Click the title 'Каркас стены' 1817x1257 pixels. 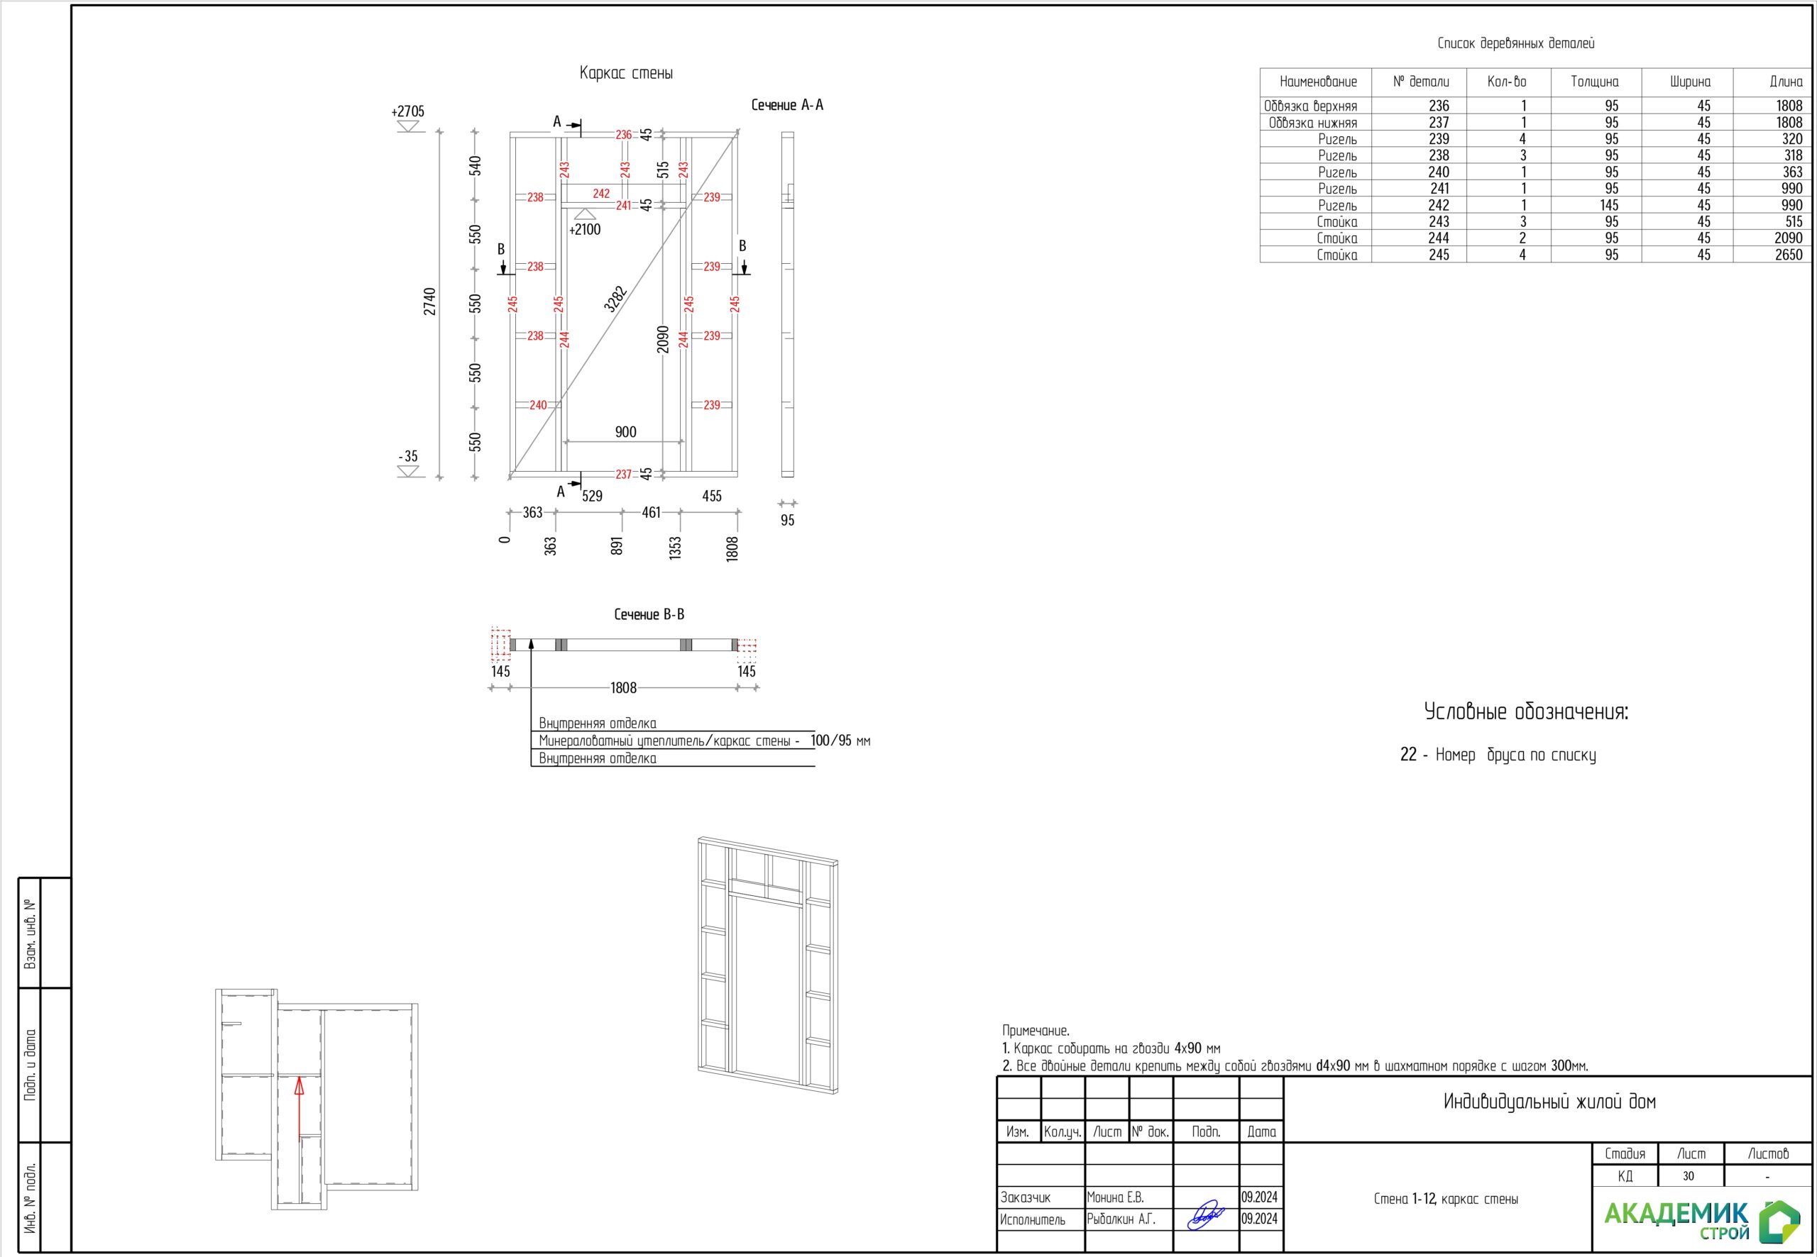pyautogui.click(x=625, y=73)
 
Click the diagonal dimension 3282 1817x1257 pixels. pyautogui.click(x=616, y=299)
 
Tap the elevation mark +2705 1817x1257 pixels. pyautogui.click(x=407, y=111)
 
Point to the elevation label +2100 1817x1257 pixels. pyautogui.click(x=585, y=229)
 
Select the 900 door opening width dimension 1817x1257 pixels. pyautogui.click(x=625, y=431)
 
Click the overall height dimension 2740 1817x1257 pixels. pyautogui.click(x=429, y=301)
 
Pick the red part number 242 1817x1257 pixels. pyautogui.click(x=601, y=193)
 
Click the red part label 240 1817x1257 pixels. pyautogui.click(x=538, y=405)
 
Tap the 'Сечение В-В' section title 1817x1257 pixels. pyautogui.click(x=649, y=614)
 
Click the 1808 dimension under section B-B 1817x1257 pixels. pyautogui.click(x=623, y=687)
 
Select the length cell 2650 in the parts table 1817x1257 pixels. pyautogui.click(x=1789, y=255)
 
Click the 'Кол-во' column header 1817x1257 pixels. pyautogui.click(x=1507, y=81)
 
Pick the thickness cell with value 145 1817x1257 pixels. pyautogui.click(x=1609, y=205)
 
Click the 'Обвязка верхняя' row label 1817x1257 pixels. pyautogui.click(x=1310, y=106)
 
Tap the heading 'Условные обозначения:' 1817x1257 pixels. pyautogui.click(x=1526, y=712)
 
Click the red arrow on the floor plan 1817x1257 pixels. pyautogui.click(x=300, y=1109)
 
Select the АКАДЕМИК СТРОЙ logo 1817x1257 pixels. pyautogui.click(x=1702, y=1220)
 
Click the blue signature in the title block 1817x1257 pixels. pyautogui.click(x=1206, y=1214)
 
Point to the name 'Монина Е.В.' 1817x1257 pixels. pyautogui.click(x=1115, y=1197)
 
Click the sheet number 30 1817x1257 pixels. pyautogui.click(x=1689, y=1176)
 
